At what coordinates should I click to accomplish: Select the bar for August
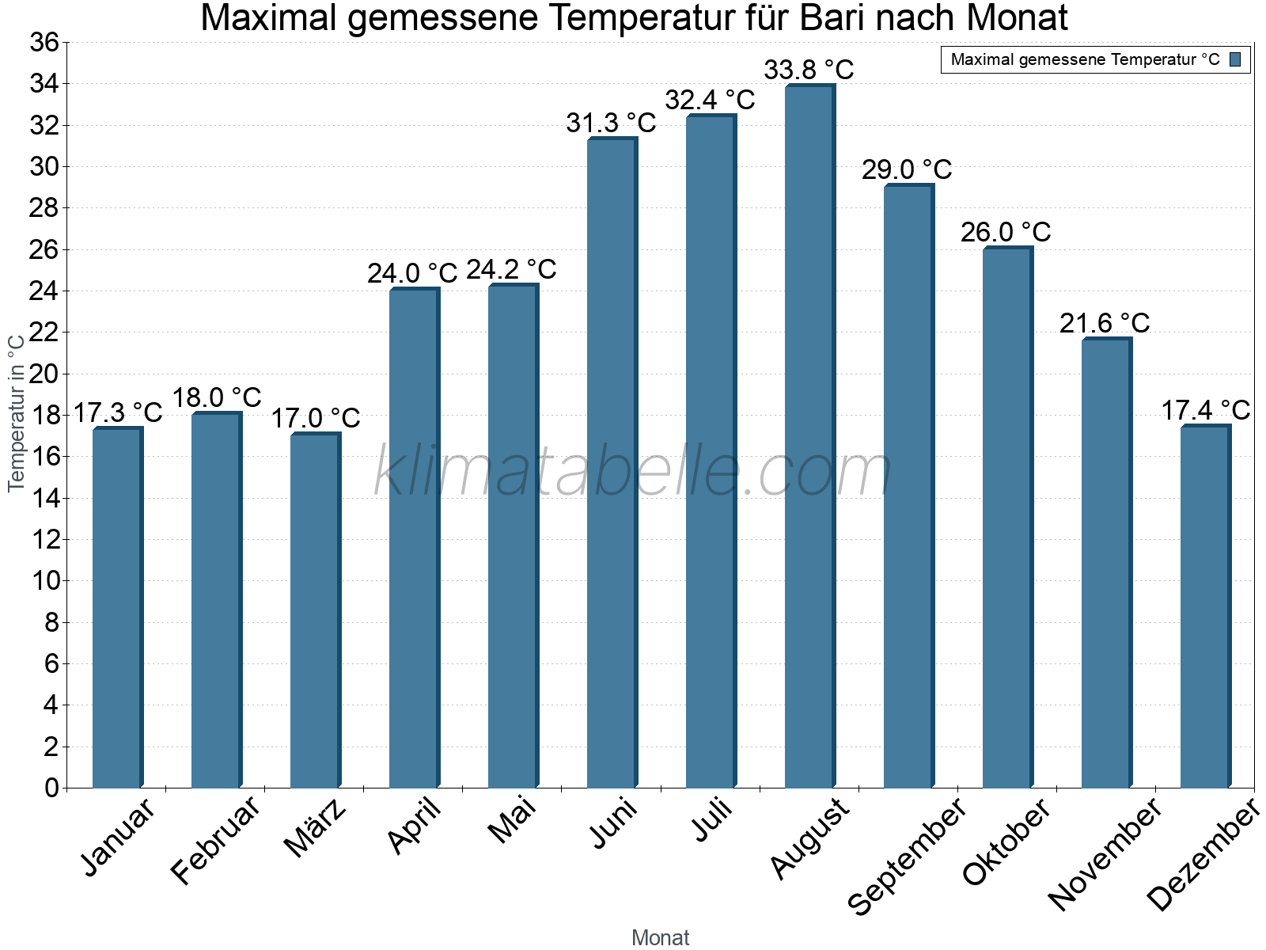click(809, 435)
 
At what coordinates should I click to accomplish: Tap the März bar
click(314, 610)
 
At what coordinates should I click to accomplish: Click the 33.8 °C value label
click(809, 70)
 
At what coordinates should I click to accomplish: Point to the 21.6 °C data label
click(1105, 323)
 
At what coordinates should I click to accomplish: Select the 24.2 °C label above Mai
click(511, 270)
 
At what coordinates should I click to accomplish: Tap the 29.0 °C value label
click(907, 169)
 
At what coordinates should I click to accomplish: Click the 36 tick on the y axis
click(44, 42)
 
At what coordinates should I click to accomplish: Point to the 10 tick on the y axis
click(44, 581)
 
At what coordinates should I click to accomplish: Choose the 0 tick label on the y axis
click(51, 788)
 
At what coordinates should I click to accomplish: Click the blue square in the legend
click(1235, 59)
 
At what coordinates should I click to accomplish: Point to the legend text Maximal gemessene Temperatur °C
click(1085, 59)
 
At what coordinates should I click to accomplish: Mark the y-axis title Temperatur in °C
click(16, 412)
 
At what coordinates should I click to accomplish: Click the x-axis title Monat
click(661, 937)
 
